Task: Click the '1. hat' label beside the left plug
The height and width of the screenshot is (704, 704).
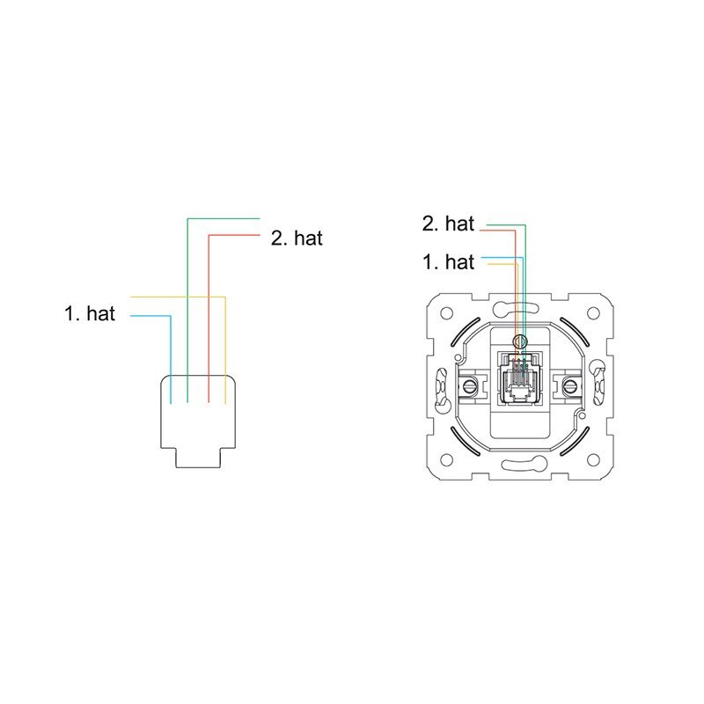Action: click(90, 313)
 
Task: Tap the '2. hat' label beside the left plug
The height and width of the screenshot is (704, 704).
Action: click(297, 238)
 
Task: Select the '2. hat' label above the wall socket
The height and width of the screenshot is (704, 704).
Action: click(448, 224)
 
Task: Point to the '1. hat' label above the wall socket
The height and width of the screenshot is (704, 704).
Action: click(448, 261)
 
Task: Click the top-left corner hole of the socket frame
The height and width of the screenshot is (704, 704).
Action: click(446, 313)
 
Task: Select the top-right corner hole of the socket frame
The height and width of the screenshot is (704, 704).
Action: click(593, 313)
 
